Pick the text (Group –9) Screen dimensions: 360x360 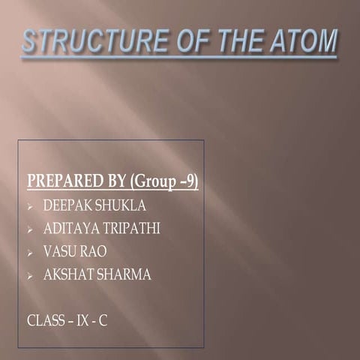tap(164, 181)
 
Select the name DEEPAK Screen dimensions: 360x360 tap(66, 205)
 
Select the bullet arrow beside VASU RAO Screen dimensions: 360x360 tap(30, 253)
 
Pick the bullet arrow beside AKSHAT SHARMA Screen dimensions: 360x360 tap(30, 276)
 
